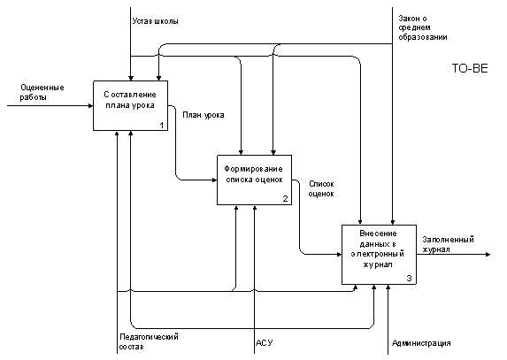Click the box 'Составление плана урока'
[x=131, y=105]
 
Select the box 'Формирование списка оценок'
[x=255, y=180]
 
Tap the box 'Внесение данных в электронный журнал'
[x=380, y=255]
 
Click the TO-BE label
[x=470, y=68]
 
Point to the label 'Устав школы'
[x=155, y=21]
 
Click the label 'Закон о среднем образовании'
[x=423, y=27]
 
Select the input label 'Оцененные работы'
[x=42, y=92]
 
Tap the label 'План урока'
[x=204, y=115]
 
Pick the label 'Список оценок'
[x=321, y=188]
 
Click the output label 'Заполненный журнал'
[x=448, y=244]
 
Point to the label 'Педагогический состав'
[x=149, y=341]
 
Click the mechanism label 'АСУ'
[x=265, y=343]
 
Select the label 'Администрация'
[x=421, y=343]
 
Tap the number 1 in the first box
[x=162, y=126]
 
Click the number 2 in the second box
[x=285, y=199]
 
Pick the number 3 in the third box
[x=410, y=279]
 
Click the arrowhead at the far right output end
[x=488, y=255]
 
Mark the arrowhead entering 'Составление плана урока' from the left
[x=90, y=105]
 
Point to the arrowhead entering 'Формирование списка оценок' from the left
[x=214, y=180]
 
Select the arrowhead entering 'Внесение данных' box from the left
[x=339, y=255]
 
